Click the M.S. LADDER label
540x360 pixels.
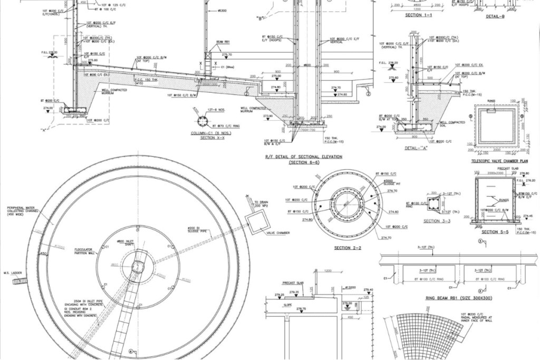tap(12, 273)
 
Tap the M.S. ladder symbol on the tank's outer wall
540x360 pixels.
tap(19, 281)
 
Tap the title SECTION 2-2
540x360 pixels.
tap(348, 247)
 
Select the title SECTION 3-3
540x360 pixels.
tap(437, 221)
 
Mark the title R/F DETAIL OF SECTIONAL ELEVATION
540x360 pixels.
tap(303, 157)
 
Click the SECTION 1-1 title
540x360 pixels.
tap(419, 15)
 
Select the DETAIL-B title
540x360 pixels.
tap(495, 16)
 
